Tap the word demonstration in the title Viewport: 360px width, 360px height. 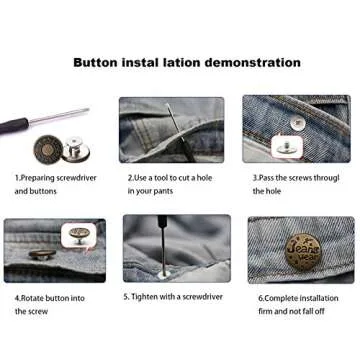point(250,62)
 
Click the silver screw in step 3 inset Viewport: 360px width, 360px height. point(297,122)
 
